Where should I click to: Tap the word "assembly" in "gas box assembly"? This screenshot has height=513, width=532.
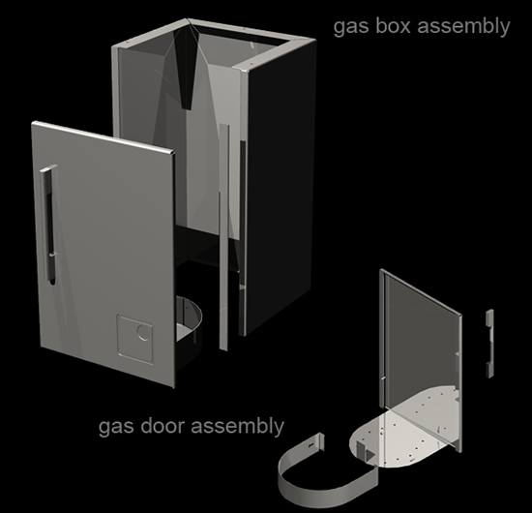tap(463, 26)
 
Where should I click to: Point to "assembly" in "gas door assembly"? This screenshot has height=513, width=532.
tap(238, 427)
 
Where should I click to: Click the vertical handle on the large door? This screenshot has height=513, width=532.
tap(49, 225)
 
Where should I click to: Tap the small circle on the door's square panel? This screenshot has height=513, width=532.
tap(144, 332)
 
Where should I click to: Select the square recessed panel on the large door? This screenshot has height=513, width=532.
tap(134, 339)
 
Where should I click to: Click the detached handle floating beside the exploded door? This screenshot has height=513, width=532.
tap(489, 343)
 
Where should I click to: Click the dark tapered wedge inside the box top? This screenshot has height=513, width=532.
tap(186, 68)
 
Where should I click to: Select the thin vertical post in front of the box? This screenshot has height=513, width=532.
tap(224, 238)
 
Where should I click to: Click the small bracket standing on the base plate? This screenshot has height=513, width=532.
tap(365, 451)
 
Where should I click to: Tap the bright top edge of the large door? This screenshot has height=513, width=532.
tap(103, 137)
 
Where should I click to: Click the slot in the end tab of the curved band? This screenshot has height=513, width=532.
tap(312, 443)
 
